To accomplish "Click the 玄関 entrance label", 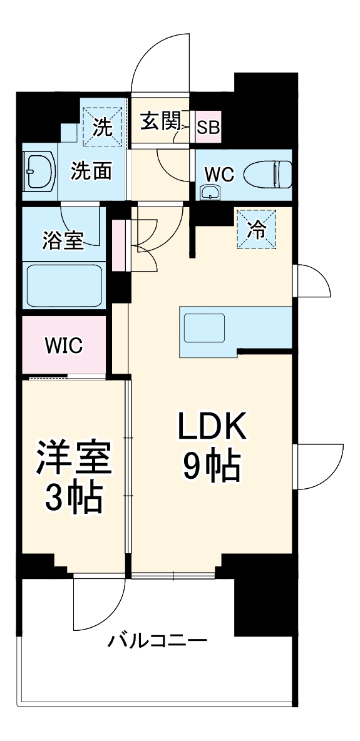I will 160,121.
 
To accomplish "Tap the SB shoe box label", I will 208,127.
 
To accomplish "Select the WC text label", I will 220,175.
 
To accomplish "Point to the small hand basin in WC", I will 210,192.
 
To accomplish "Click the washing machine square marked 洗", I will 102,127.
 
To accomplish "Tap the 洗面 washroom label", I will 91,171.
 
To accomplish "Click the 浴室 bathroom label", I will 63,241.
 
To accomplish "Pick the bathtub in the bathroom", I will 63,285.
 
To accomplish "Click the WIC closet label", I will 63,345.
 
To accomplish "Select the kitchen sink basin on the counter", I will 203,328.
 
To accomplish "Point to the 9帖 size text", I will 212,466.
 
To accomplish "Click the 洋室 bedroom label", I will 74,459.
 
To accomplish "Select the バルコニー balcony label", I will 157,641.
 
